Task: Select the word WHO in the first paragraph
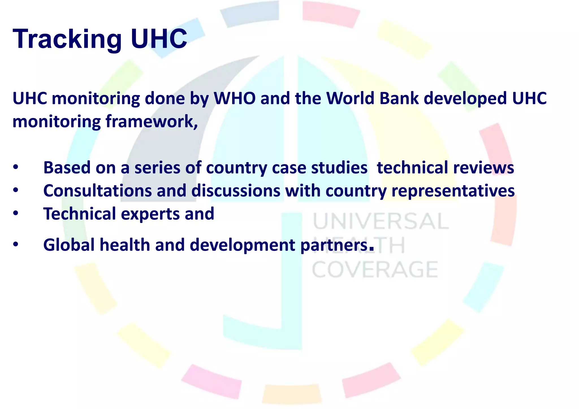coord(235,98)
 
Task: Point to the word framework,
coord(152,122)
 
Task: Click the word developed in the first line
coord(465,98)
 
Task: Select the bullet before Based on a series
coord(16,167)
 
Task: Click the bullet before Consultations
coord(16,191)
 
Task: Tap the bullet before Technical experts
coord(16,214)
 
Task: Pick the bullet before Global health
coord(16,245)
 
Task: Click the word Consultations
coord(98,191)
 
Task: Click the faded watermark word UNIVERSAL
coord(381,222)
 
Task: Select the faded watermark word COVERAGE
coord(375,270)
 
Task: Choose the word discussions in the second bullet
coord(236,191)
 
